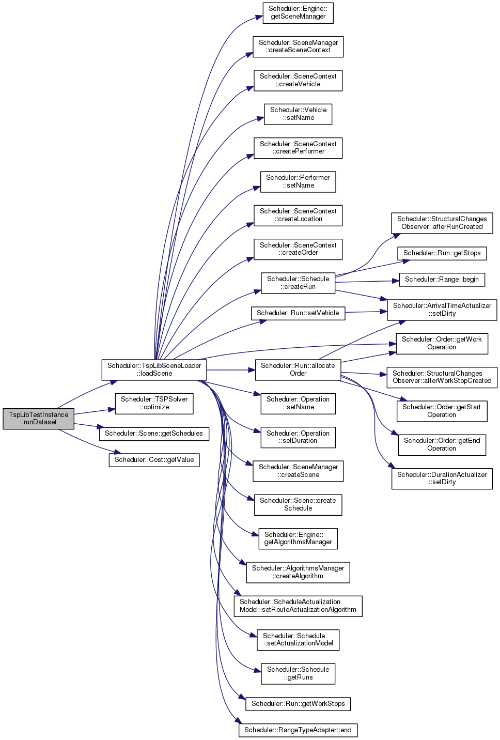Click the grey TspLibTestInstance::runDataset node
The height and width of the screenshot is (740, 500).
tap(38, 419)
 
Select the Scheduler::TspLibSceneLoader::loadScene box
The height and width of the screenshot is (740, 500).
tap(154, 369)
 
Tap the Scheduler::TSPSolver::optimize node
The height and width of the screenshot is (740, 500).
tap(154, 403)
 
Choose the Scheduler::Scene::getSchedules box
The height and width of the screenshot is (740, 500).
tap(154, 434)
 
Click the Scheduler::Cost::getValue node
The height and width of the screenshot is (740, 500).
tap(154, 460)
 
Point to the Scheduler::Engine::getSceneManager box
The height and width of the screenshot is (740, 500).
tap(298, 13)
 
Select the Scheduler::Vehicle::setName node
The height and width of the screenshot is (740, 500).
tap(298, 114)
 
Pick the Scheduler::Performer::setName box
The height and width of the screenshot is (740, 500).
tap(298, 182)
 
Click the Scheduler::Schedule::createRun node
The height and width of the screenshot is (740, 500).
tap(298, 283)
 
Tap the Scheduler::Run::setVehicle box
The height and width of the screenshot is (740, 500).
tap(298, 313)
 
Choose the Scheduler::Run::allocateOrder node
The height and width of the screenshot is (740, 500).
tap(298, 369)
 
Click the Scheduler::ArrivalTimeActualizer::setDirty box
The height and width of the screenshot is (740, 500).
tap(442, 310)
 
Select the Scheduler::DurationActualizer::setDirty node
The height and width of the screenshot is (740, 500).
tap(442, 479)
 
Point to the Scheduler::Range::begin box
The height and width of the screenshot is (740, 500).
tap(442, 280)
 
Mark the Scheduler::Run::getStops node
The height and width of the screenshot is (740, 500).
tap(442, 253)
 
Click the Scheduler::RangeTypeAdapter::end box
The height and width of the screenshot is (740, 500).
tap(298, 730)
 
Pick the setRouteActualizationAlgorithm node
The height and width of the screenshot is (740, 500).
tap(298, 606)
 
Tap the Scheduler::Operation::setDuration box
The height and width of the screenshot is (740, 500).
tap(298, 437)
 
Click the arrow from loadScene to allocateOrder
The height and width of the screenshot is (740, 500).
tap(231, 370)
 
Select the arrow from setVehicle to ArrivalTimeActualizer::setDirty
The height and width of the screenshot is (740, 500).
tap(366, 312)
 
